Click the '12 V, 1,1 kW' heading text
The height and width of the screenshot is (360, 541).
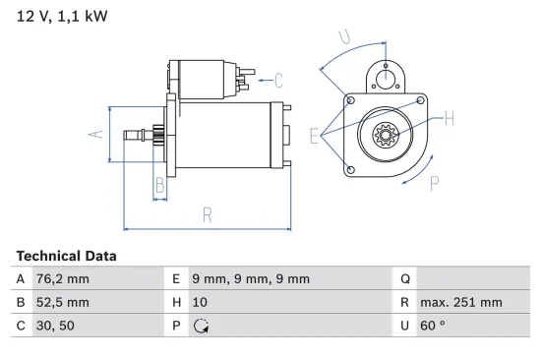click(60, 17)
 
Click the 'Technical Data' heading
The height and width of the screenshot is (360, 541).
click(66, 256)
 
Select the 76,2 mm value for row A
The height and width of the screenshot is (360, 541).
click(58, 278)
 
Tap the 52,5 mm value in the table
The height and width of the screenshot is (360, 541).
click(60, 302)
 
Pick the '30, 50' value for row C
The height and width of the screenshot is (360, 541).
click(53, 326)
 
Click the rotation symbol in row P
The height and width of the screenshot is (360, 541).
click(203, 326)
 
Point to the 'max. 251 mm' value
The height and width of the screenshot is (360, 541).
click(460, 302)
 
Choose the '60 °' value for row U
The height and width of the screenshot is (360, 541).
click(433, 326)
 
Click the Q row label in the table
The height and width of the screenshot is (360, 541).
click(404, 278)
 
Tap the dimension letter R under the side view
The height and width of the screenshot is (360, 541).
click(208, 214)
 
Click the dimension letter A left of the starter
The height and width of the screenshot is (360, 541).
click(96, 134)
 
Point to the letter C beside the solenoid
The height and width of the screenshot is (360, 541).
click(278, 81)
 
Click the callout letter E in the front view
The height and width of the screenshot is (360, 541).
click(314, 136)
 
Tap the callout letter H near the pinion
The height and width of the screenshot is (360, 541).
click(449, 119)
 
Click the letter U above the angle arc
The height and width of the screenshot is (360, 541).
click(343, 37)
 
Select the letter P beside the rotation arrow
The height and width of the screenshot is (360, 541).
click(434, 182)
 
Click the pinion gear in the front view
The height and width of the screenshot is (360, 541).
click(385, 136)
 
